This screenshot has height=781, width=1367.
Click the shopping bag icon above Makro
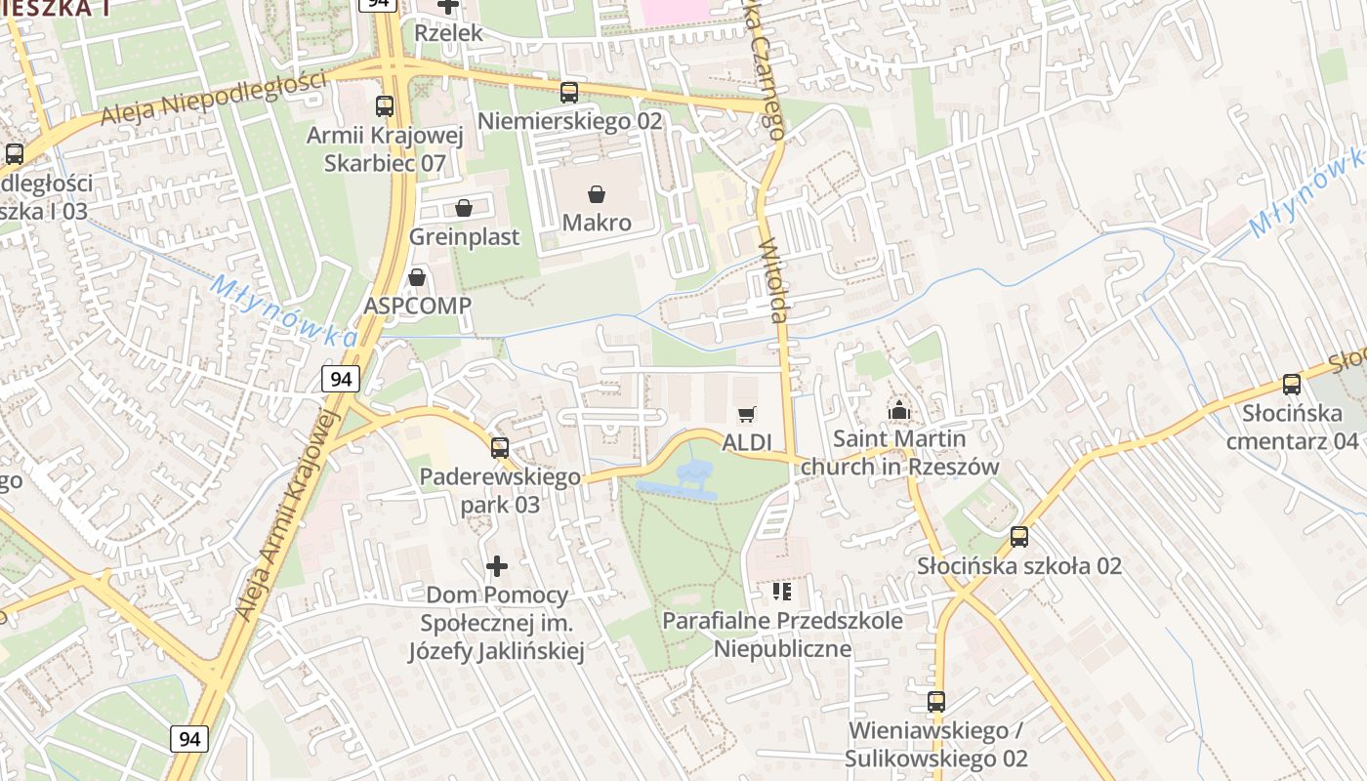tap(597, 194)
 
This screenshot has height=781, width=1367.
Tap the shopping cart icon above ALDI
tap(747, 415)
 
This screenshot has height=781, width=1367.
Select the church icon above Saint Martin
tap(899, 411)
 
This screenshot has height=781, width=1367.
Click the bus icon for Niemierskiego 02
tap(569, 93)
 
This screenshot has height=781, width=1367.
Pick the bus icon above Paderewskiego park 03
tap(500, 448)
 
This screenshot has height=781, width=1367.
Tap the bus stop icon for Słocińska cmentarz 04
tap(1292, 385)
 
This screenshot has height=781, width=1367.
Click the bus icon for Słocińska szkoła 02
tap(1019, 536)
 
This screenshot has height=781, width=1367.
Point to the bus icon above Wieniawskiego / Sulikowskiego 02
tap(936, 701)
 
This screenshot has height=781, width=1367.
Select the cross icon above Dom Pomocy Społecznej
tap(497, 565)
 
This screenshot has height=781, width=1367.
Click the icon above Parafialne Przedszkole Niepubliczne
tap(781, 591)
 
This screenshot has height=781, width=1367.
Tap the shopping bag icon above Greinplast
tap(464, 208)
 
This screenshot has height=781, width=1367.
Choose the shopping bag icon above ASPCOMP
tap(417, 277)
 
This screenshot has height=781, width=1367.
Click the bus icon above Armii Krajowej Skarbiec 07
tap(385, 106)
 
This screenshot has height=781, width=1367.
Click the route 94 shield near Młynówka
tap(341, 379)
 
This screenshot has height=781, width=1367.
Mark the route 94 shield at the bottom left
tap(189, 739)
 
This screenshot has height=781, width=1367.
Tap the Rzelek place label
tap(448, 32)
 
